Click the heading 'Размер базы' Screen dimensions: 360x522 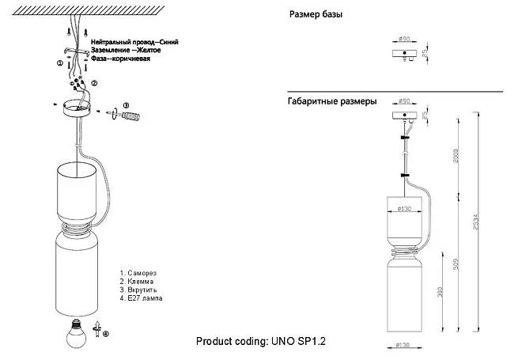coord(316,15)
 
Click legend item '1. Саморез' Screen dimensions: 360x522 coord(138,271)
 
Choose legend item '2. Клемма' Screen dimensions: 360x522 coord(136,281)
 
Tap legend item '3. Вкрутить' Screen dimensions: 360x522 coord(138,290)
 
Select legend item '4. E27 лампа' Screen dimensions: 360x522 coord(142,299)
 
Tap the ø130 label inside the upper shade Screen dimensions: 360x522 coord(404,209)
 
